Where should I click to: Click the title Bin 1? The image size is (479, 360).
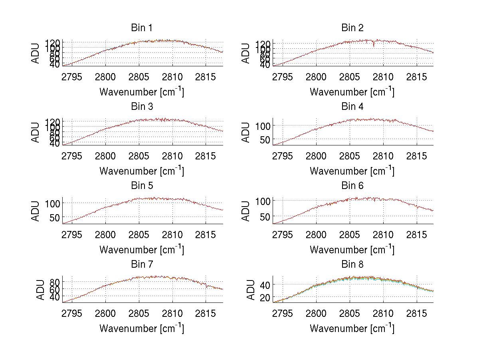click(141, 28)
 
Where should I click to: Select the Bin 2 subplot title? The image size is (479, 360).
click(352, 28)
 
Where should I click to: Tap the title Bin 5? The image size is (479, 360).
click(141, 186)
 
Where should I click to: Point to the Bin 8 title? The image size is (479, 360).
click(352, 265)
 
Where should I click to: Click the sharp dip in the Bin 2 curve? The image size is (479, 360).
click(374, 46)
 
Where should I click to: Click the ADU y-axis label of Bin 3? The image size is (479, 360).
click(36, 133)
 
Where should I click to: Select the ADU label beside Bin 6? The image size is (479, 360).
click(246, 211)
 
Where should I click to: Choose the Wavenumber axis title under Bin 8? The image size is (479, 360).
click(352, 328)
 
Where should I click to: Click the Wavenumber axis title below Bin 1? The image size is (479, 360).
click(141, 92)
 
